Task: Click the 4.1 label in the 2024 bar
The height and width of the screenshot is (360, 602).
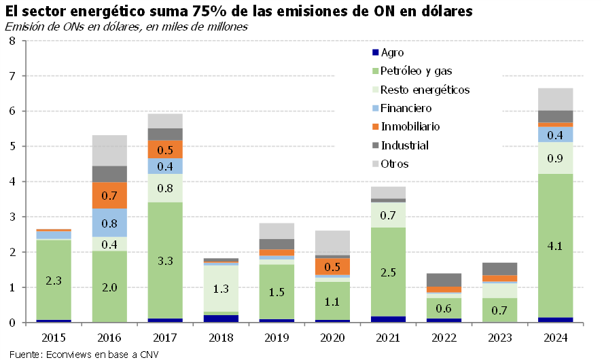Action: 555,247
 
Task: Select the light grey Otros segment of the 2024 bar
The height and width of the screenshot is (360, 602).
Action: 555,99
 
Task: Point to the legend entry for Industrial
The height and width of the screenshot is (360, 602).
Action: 405,145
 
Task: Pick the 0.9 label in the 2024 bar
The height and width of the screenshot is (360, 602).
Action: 555,158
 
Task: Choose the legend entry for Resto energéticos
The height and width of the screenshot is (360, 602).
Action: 425,90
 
